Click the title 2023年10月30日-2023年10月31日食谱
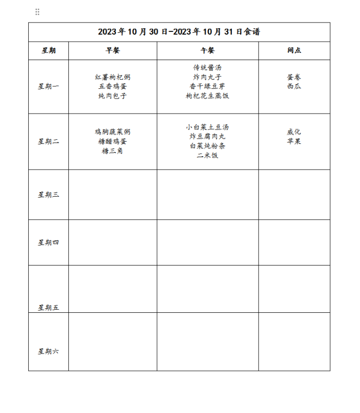pyautogui.click(x=179, y=32)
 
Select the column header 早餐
pyautogui.click(x=113, y=50)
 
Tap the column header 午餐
pyautogui.click(x=208, y=50)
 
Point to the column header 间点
pyautogui.click(x=294, y=50)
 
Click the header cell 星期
pyautogui.click(x=48, y=50)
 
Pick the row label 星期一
pyautogui.click(x=48, y=86)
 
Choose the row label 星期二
pyautogui.click(x=48, y=142)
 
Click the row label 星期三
pyautogui.click(x=48, y=195)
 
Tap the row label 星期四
pyautogui.click(x=48, y=242)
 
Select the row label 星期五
pyautogui.click(x=48, y=308)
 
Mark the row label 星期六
pyautogui.click(x=48, y=351)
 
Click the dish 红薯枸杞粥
pyautogui.click(x=113, y=77)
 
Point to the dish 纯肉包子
pyautogui.click(x=113, y=96)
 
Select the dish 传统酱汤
pyautogui.click(x=208, y=68)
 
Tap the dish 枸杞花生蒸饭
pyautogui.click(x=208, y=96)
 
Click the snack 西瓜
pyautogui.click(x=294, y=86)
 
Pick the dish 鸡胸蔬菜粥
pyautogui.click(x=113, y=132)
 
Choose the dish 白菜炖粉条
pyautogui.click(x=208, y=146)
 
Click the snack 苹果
pyautogui.click(x=294, y=141)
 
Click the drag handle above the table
pyautogui.click(x=37, y=12)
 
